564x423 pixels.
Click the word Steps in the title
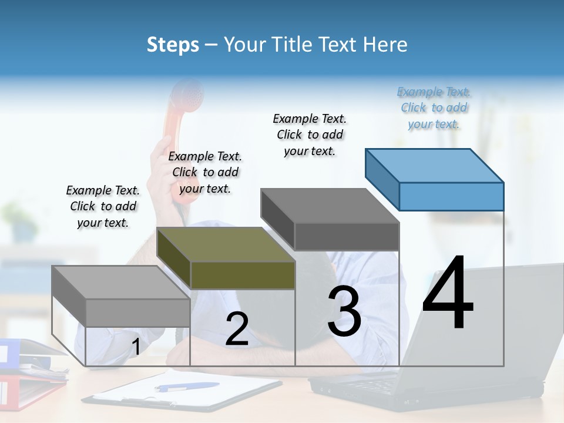tap(173, 45)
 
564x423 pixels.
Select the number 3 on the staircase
tap(344, 311)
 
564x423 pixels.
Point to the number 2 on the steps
tap(237, 329)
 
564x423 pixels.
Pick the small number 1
tap(136, 347)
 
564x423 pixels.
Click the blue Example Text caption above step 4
tap(434, 108)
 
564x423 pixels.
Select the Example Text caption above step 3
tap(310, 135)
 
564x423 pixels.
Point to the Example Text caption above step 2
tap(205, 172)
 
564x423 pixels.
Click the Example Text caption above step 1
tap(103, 206)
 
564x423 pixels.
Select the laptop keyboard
tap(376, 385)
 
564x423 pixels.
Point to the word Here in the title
tap(386, 45)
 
